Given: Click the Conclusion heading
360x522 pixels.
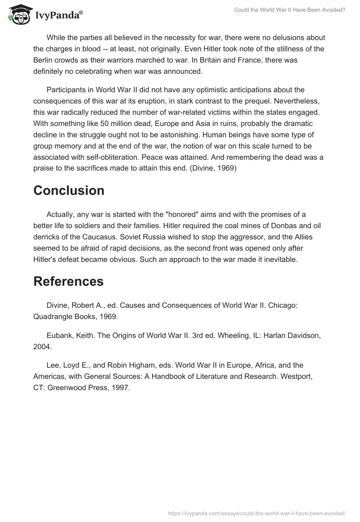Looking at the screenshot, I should point(69,190).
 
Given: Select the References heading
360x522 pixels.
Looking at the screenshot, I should point(68,281).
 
